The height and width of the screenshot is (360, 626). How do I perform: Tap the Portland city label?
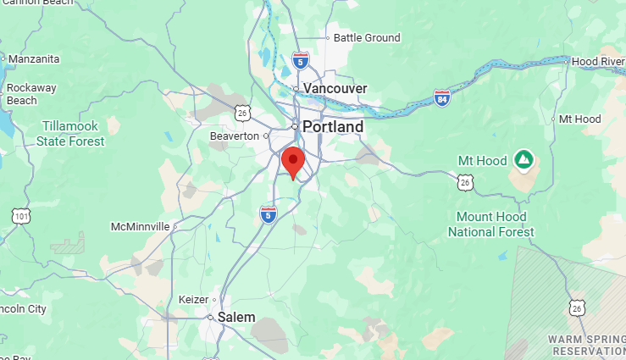[x=333, y=127]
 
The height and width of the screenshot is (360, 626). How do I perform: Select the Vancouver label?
[x=335, y=88]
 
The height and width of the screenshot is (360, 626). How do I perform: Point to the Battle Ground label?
[x=366, y=38]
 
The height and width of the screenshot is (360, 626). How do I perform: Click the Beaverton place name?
[x=234, y=136]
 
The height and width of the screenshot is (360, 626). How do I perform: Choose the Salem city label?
[x=236, y=317]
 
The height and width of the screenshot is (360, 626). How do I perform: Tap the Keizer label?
[x=193, y=300]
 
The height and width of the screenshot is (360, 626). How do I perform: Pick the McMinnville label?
[x=141, y=227]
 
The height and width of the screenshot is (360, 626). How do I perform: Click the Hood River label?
[x=598, y=62]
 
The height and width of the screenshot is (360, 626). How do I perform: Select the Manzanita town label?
[x=34, y=59]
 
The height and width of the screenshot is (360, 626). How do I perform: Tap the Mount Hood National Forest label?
[x=495, y=224]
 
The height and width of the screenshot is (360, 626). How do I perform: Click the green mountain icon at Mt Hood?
[x=524, y=159]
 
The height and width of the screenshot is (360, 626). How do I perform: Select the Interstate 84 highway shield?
[x=441, y=97]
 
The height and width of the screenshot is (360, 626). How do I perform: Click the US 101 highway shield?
[x=19, y=216]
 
